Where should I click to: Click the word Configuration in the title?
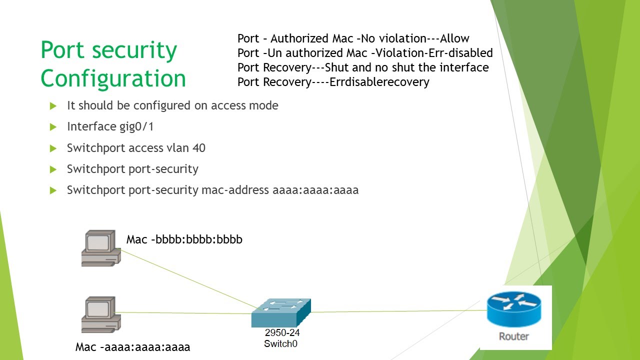click(x=113, y=78)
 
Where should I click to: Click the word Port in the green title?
click(x=62, y=50)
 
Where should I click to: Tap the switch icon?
click(x=281, y=312)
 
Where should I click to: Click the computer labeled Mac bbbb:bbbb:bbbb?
click(x=100, y=248)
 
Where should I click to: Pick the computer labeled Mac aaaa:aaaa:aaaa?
click(x=100, y=314)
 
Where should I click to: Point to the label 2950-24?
click(x=282, y=333)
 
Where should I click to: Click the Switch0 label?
click(x=280, y=343)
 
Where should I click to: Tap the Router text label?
click(x=513, y=336)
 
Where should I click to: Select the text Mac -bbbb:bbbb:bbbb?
click(x=184, y=239)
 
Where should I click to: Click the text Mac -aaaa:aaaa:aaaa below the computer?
click(x=132, y=347)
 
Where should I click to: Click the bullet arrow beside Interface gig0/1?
click(x=53, y=127)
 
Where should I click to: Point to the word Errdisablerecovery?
click(x=379, y=82)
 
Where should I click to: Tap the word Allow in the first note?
click(x=454, y=38)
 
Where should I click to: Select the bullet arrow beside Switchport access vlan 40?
click(x=53, y=148)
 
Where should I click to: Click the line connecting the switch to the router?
click(x=400, y=311)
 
